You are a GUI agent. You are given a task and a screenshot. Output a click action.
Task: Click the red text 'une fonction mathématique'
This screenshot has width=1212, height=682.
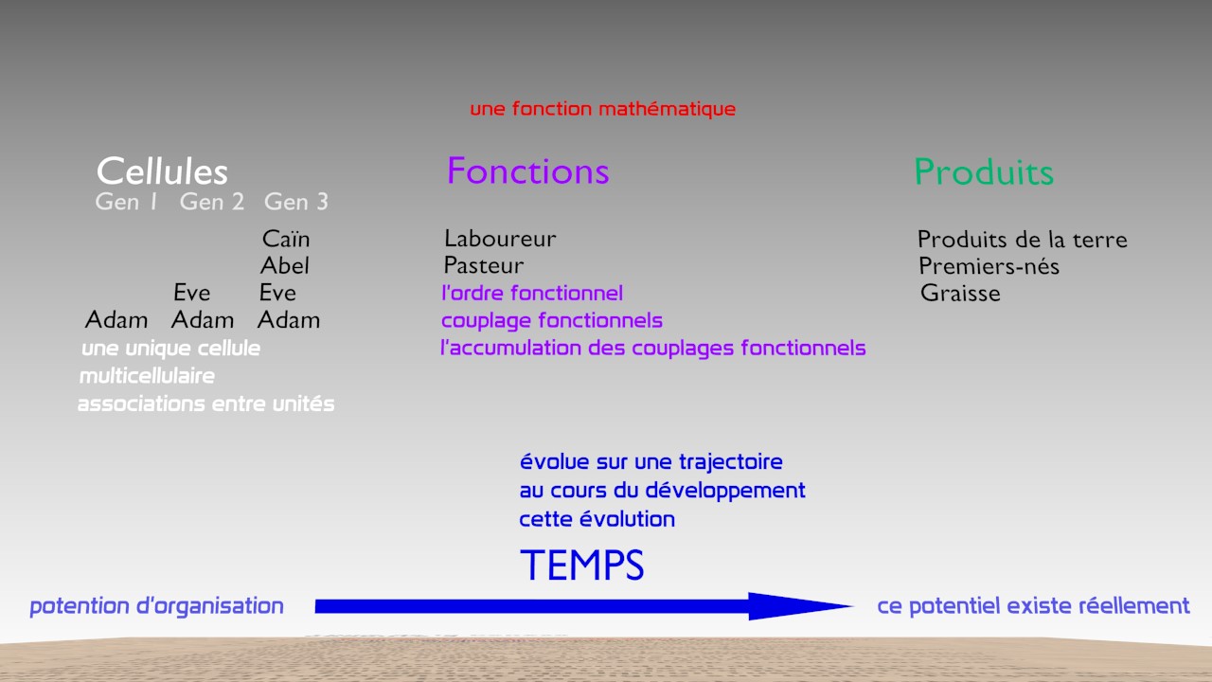point(603,109)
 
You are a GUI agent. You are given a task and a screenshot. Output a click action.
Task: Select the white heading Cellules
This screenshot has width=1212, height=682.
point(162,171)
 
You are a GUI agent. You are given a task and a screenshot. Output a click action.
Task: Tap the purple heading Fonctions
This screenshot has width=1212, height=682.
point(528,171)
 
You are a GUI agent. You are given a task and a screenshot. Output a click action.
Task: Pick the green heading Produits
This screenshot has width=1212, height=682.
point(984,172)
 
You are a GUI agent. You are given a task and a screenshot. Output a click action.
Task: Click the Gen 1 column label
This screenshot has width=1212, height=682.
point(126,202)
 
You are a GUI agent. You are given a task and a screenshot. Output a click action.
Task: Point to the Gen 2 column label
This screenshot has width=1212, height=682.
point(212,202)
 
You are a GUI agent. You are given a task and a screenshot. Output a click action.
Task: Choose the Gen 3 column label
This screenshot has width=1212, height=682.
point(296,202)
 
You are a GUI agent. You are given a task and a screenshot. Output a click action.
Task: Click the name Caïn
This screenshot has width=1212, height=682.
point(286,239)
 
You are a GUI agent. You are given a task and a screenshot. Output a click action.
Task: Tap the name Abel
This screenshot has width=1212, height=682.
point(285,266)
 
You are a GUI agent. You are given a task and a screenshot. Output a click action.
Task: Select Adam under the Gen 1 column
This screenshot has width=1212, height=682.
point(116,320)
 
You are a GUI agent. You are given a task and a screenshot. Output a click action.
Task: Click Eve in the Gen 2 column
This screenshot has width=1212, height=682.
point(192,293)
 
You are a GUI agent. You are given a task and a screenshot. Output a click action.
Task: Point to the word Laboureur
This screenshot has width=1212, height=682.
point(500,239)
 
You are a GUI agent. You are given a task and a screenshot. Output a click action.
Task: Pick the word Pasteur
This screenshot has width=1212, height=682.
point(484,266)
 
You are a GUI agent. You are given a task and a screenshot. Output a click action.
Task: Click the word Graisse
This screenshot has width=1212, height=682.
point(960,294)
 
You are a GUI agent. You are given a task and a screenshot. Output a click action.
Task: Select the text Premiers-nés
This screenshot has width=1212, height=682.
point(989,266)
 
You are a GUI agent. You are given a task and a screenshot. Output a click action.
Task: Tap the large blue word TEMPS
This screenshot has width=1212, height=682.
point(582,565)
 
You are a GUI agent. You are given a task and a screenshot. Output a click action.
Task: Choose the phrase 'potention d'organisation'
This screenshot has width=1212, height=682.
point(157,606)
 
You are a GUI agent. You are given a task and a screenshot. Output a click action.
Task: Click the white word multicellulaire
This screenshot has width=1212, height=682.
point(147,376)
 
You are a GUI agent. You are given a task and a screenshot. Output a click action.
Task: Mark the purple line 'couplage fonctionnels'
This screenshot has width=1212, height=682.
point(552,320)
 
